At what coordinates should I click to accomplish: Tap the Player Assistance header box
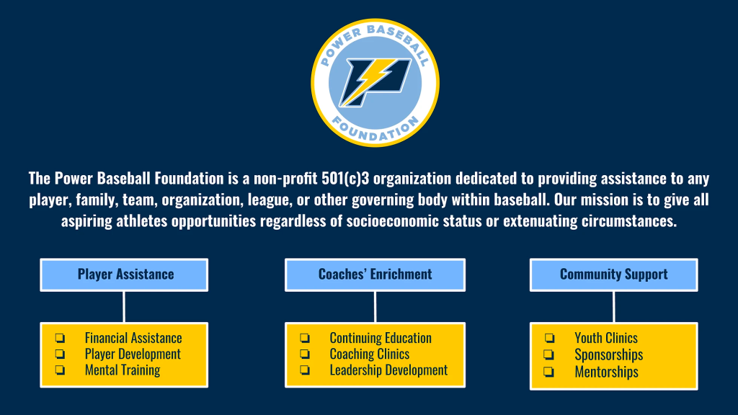coord(124,275)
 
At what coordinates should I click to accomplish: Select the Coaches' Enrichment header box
coord(375,275)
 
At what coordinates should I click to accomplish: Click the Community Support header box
coord(614,275)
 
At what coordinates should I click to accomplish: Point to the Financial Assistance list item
coord(133,338)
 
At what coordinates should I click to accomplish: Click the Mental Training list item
coord(123,370)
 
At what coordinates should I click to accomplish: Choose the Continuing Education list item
coord(381,338)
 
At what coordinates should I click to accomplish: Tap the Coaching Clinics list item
coord(370,354)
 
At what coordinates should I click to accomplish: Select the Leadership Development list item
coord(388,370)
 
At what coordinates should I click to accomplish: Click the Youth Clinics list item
coord(606,338)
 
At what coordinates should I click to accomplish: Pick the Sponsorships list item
coord(608,354)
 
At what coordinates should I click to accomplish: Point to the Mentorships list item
coord(606,372)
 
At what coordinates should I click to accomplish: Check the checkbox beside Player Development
coord(60,354)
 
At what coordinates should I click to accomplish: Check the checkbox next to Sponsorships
coord(548,354)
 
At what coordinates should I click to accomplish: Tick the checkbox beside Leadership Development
coord(305,370)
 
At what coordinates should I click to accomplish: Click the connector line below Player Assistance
coord(124,307)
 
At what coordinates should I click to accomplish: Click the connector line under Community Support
coord(614,307)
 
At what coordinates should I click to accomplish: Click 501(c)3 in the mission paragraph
coord(345,179)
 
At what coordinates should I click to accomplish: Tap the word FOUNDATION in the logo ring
coord(375,130)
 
